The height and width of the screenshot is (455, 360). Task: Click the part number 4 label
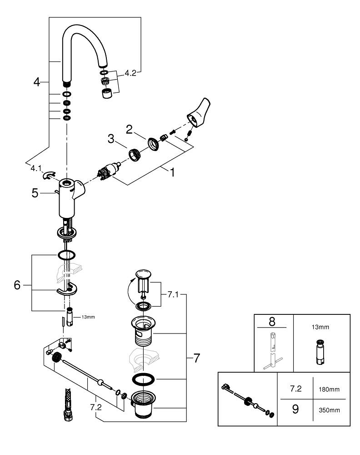(x=37, y=82)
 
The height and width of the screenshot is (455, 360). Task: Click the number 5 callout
(x=35, y=193)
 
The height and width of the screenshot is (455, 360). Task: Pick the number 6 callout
(x=17, y=285)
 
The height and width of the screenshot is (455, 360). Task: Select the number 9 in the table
(x=295, y=409)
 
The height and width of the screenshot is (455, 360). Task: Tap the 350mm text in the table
(x=330, y=409)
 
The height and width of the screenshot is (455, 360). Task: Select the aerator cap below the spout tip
(x=107, y=94)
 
